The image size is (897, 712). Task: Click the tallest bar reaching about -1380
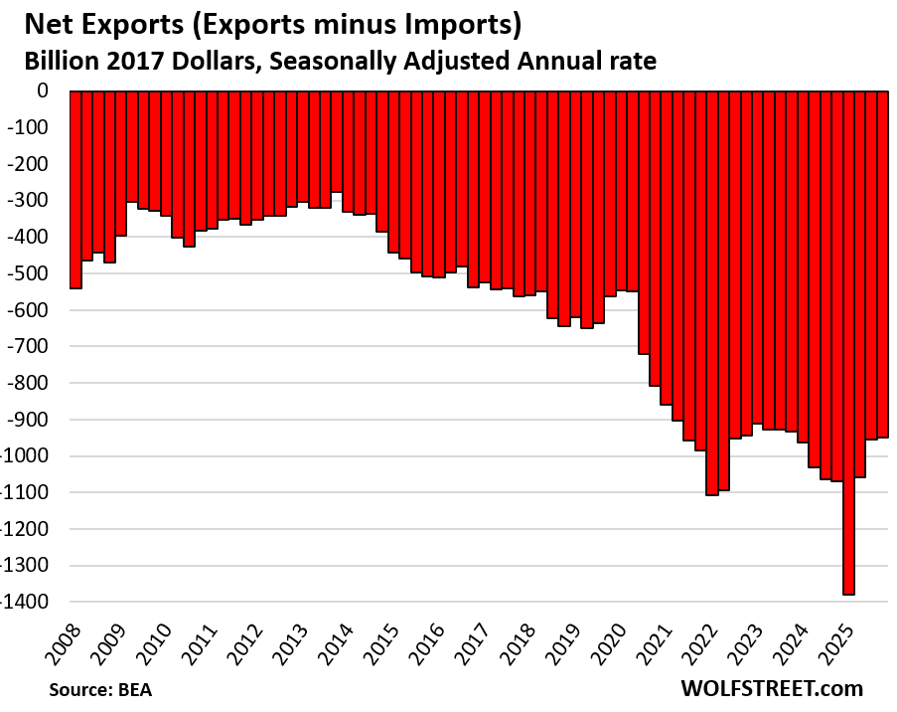(x=849, y=343)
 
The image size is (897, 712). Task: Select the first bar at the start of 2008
(x=75, y=189)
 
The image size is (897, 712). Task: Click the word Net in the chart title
(x=45, y=22)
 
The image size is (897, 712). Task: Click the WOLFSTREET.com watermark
(x=772, y=688)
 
